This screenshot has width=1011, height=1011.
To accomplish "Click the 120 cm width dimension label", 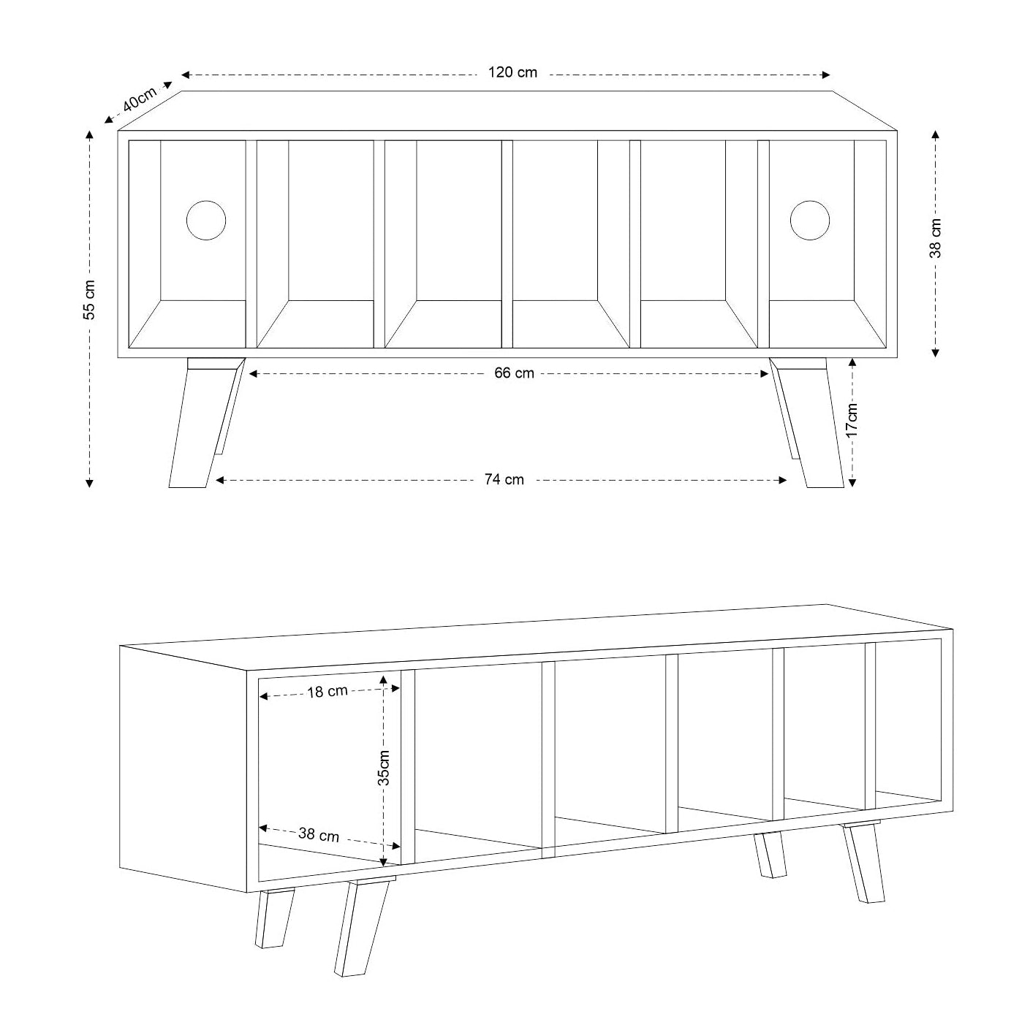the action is (512, 72).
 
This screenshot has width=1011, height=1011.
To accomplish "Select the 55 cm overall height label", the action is (89, 300).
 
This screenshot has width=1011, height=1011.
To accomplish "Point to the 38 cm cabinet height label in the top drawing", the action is (935, 238).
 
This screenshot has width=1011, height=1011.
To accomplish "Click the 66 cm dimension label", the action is (514, 373).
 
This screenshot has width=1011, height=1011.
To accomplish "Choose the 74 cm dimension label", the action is (504, 479).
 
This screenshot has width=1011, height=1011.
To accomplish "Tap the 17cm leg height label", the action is (852, 420).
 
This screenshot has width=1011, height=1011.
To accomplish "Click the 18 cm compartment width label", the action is (327, 692).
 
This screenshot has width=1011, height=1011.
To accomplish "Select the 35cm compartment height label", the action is (384, 768).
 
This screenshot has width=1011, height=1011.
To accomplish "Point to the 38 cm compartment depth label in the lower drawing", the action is (319, 834).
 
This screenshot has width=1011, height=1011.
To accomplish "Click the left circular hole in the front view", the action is (206, 221).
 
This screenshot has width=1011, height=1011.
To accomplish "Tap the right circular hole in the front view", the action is (810, 221).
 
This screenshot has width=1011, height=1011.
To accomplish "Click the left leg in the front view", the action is (205, 423).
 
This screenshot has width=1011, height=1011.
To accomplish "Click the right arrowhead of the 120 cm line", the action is (825, 75).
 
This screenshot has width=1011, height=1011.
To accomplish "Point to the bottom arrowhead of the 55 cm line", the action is (89, 483).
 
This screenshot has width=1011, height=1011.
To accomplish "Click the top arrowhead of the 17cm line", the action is (852, 363).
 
